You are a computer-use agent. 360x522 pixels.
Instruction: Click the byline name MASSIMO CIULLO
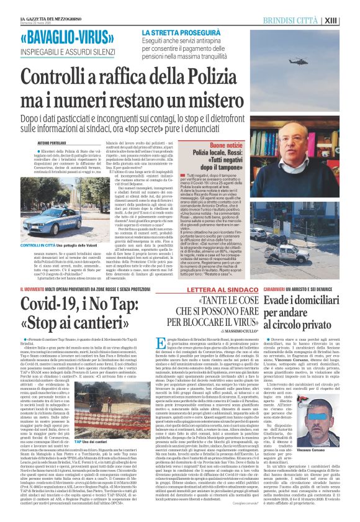236,345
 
